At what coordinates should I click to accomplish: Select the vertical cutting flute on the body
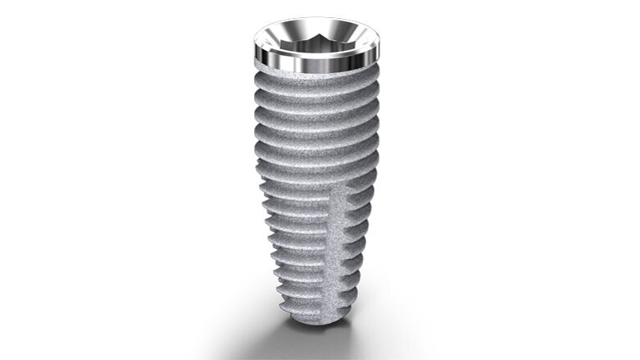point(338,246)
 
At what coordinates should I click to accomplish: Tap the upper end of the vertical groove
point(343,190)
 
